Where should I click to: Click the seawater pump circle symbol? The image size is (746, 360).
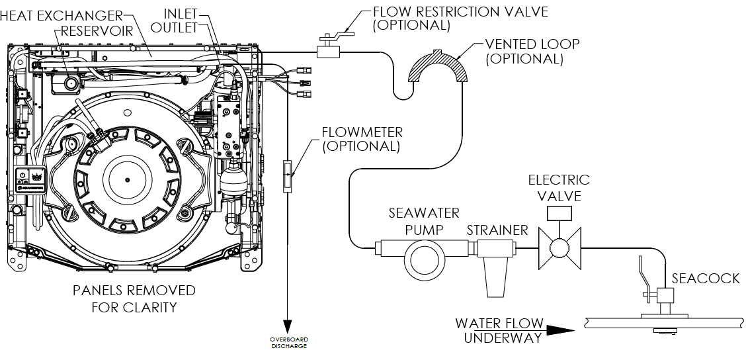pyautogui.click(x=423, y=258)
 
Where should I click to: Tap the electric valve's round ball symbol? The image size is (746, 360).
pyautogui.click(x=559, y=248)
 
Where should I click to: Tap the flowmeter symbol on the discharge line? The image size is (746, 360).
pyautogui.click(x=288, y=175)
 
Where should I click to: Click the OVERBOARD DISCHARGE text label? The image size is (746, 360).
pyautogui.click(x=288, y=343)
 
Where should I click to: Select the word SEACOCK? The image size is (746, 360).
pyautogui.click(x=705, y=279)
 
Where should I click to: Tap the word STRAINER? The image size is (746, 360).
pyautogui.click(x=497, y=230)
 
